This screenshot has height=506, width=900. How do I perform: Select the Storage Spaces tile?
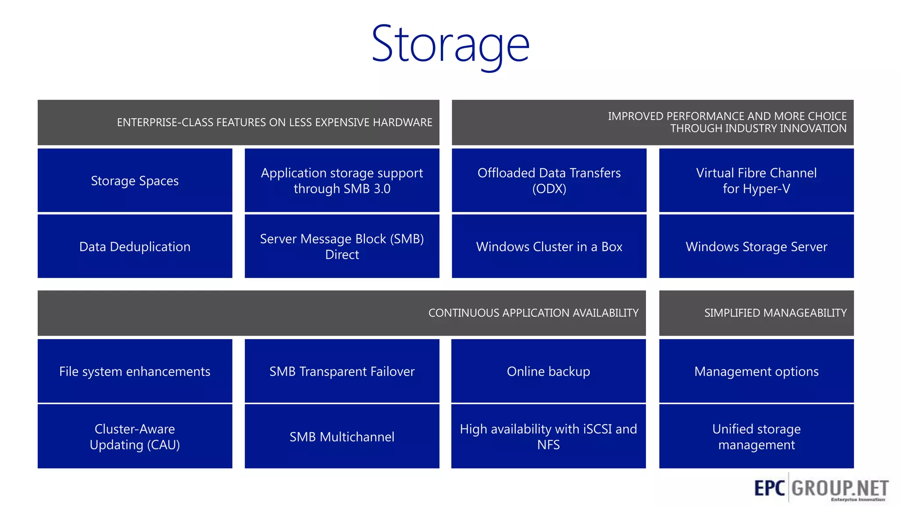(134, 181)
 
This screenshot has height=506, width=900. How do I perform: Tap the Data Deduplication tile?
(134, 247)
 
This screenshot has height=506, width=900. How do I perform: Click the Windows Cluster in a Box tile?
(549, 247)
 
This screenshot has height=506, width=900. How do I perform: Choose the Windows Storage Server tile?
(756, 247)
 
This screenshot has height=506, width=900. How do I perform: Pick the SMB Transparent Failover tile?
(342, 372)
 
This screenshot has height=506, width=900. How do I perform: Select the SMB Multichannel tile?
(342, 437)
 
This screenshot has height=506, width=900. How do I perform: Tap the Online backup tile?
(548, 372)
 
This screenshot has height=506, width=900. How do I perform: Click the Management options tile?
(756, 372)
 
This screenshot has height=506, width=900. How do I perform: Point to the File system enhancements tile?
(134, 372)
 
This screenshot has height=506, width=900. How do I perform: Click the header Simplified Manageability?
(775, 313)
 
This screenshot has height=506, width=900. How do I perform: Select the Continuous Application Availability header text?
(533, 313)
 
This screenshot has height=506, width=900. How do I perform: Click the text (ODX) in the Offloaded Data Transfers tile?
(549, 189)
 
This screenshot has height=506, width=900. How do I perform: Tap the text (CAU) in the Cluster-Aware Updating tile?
(163, 445)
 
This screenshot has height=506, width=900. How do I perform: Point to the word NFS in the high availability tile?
(548, 445)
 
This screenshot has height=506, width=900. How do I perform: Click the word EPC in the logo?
(769, 488)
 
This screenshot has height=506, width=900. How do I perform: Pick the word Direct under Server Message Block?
(342, 255)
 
